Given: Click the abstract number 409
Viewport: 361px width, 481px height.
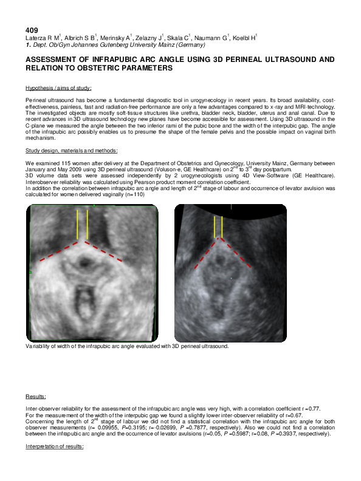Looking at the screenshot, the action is (x=32, y=30).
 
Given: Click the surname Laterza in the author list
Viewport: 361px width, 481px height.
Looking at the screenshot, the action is (x=36, y=38).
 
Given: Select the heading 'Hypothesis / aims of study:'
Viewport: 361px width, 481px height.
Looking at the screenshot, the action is (x=58, y=88).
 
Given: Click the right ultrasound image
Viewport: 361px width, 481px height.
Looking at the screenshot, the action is (x=230, y=273).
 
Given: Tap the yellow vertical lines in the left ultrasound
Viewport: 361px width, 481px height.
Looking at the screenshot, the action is (x=83, y=225).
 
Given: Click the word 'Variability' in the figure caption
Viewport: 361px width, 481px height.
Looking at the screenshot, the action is (x=38, y=346).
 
